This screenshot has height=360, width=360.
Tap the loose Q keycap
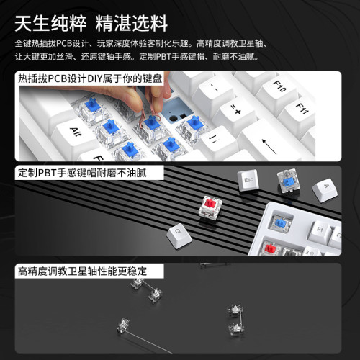click(x=175, y=233)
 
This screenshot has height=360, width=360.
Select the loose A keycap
click(x=325, y=190)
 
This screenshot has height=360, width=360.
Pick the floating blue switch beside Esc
click(x=286, y=181)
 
